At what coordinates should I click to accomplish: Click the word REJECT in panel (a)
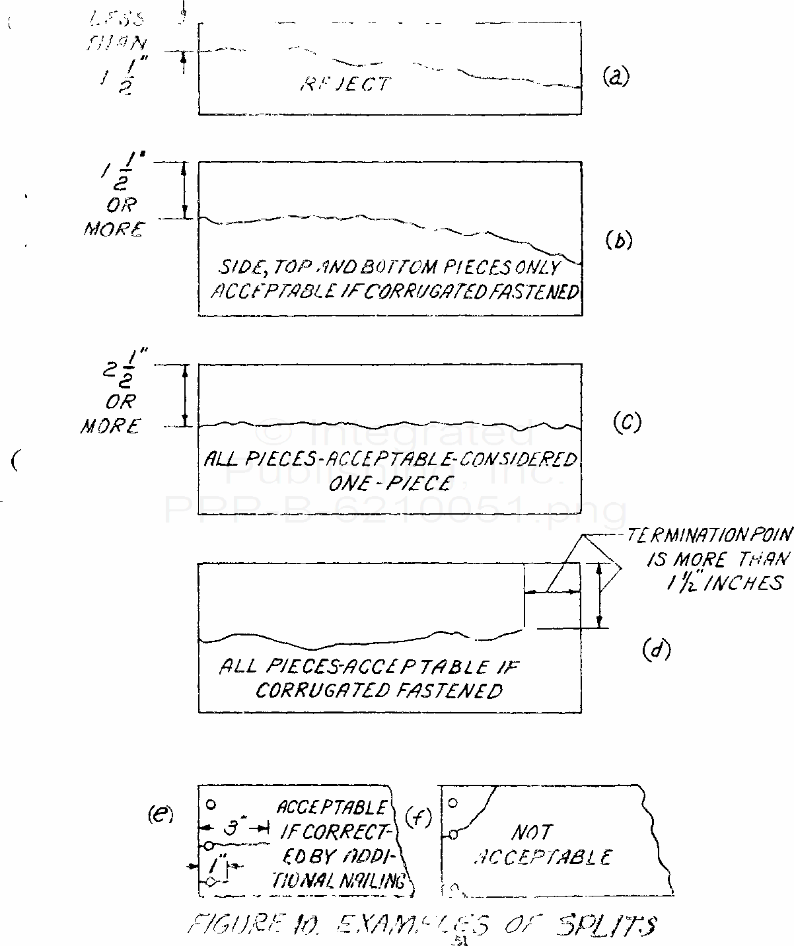click(345, 84)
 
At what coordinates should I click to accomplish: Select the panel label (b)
click(619, 240)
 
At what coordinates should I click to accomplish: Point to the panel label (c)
click(627, 421)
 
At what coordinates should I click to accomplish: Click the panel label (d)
click(656, 650)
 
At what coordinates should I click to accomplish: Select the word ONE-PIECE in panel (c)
click(389, 483)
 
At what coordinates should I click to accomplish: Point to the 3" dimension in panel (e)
click(232, 827)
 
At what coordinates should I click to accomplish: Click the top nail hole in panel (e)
click(211, 805)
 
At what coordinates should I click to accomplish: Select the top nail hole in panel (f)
click(452, 803)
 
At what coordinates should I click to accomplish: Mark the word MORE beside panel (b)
click(112, 229)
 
